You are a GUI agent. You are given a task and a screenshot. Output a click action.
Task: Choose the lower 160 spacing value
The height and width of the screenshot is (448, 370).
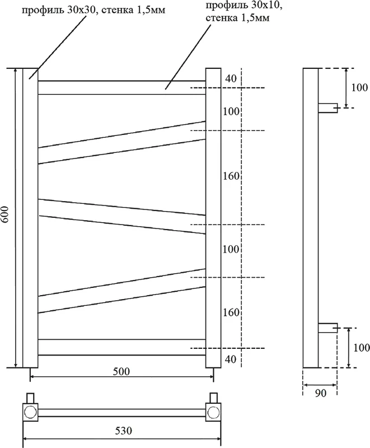[231, 312]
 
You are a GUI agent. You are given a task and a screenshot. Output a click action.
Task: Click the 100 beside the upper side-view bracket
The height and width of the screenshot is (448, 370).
[360, 87]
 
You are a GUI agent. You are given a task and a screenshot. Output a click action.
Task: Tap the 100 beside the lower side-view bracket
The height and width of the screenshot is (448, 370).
[360, 348]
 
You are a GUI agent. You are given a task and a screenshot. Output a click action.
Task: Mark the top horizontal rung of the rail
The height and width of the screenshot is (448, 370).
[121, 87]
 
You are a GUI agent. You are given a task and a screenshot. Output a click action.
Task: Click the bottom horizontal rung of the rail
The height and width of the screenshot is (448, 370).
[121, 347]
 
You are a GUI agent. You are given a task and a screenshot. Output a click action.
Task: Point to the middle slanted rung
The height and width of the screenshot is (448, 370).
[121, 214]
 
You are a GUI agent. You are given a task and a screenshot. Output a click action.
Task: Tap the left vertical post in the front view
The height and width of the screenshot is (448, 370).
[30, 218]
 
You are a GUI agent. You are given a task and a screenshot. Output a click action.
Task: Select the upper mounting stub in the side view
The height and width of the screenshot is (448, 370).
[328, 108]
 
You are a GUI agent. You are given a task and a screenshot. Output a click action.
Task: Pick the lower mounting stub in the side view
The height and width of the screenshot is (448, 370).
[328, 328]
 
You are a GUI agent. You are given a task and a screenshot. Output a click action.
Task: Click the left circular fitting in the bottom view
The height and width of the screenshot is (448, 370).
[30, 413]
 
